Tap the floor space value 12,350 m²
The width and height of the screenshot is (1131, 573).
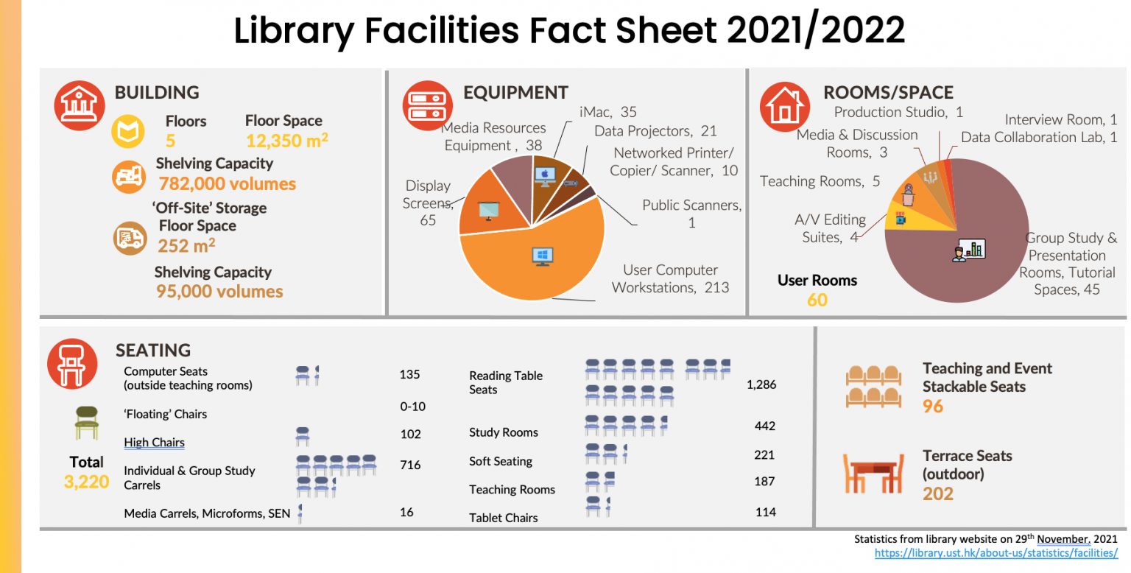[286, 140]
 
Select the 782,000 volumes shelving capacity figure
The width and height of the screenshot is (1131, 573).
[227, 183]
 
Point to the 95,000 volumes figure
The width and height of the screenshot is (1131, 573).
[219, 291]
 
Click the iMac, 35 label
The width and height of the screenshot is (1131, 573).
[607, 112]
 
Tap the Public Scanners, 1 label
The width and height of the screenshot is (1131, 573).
[691, 213]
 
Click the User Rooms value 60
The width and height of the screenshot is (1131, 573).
[817, 300]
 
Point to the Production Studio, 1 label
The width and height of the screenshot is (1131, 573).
[898, 112]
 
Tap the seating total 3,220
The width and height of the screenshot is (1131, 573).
[86, 482]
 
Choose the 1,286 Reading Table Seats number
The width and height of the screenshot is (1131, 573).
[761, 384]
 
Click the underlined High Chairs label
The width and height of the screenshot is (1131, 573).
[154, 443]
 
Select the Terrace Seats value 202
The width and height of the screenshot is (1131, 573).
[938, 493]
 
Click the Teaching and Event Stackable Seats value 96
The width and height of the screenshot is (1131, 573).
[932, 406]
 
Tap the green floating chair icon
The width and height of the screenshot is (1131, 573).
[86, 423]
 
